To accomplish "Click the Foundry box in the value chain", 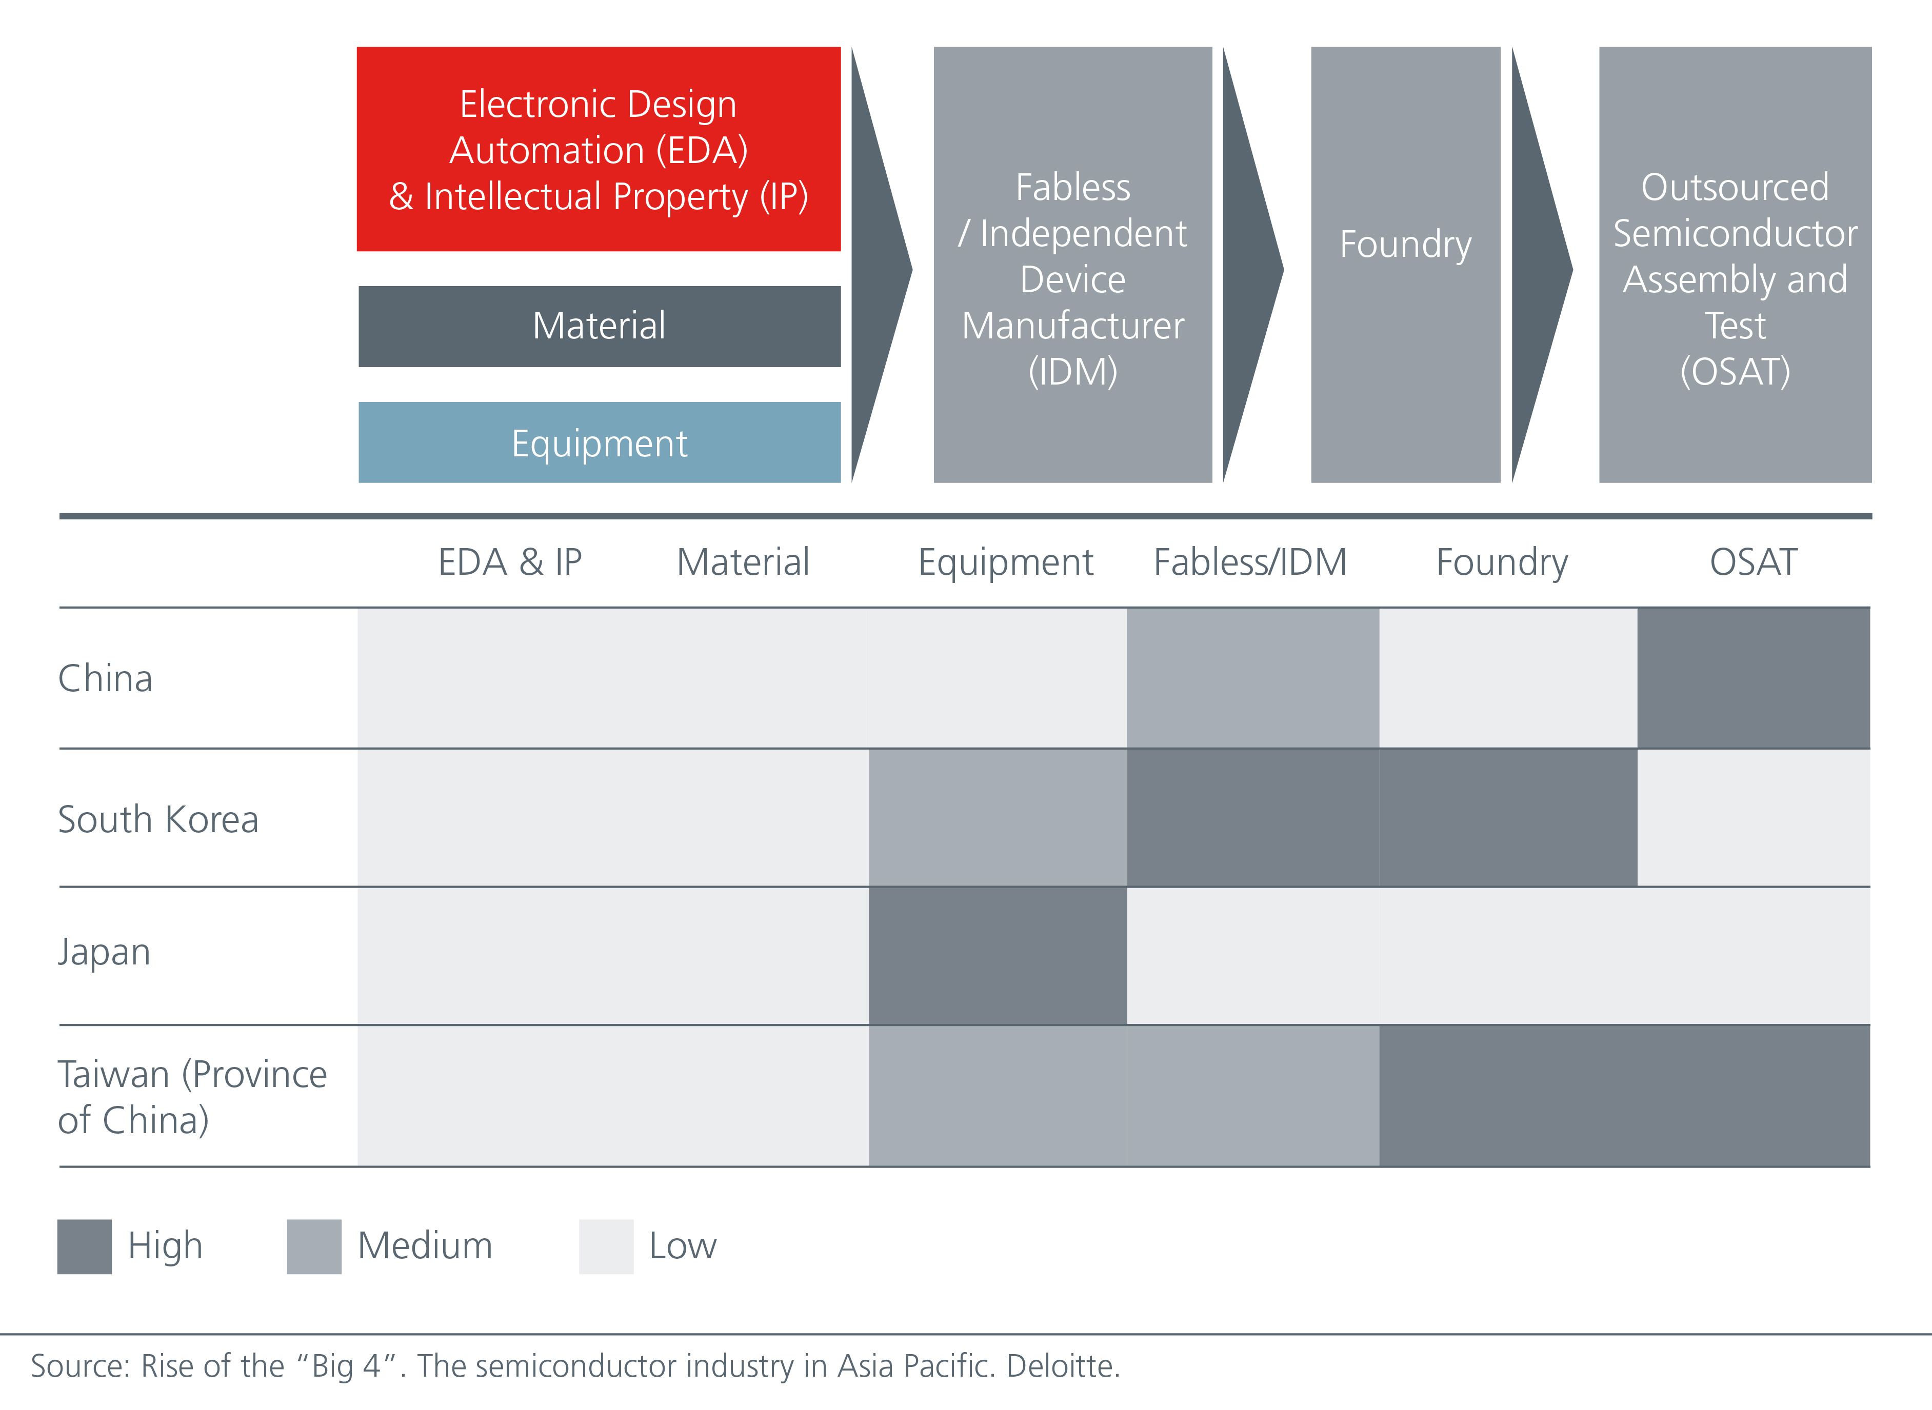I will [1405, 265].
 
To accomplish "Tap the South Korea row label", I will [158, 819].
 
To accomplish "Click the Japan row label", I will [104, 952].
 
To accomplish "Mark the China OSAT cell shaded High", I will [1752, 678].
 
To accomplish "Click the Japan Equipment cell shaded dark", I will [997, 956].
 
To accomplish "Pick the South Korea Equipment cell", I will [997, 818].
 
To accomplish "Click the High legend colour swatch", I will [85, 1246].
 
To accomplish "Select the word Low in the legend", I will [682, 1246].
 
